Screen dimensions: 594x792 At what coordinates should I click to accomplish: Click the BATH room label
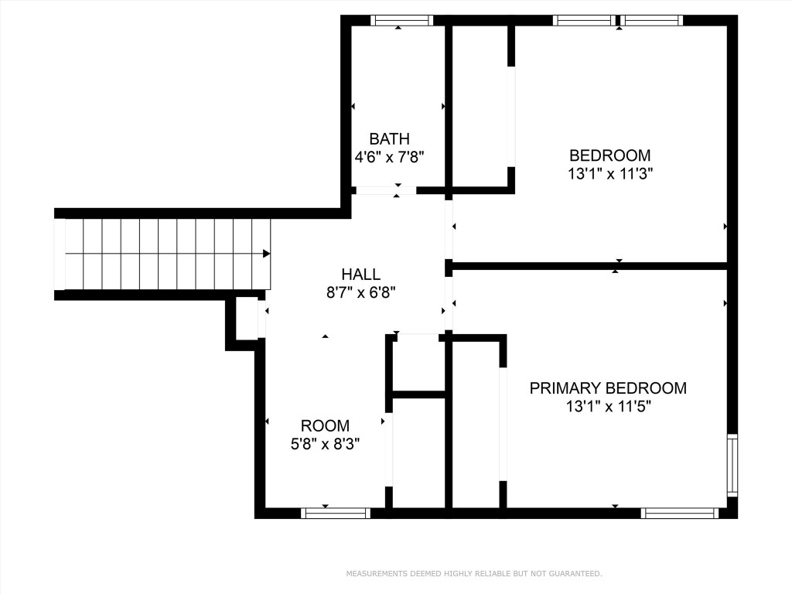[x=389, y=139]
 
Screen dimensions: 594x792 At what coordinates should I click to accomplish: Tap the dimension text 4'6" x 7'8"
[x=389, y=157]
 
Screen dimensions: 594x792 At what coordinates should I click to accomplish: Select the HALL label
[x=360, y=275]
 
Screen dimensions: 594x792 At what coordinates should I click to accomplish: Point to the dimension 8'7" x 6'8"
[x=360, y=293]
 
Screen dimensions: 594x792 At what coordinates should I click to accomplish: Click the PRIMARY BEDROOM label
[x=608, y=388]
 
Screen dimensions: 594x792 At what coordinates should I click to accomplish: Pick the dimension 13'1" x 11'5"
[x=608, y=407]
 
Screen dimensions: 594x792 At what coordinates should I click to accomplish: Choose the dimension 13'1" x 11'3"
[x=610, y=174]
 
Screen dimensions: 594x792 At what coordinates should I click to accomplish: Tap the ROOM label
[x=325, y=425]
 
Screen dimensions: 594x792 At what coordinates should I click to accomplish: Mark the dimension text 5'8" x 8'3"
[x=325, y=444]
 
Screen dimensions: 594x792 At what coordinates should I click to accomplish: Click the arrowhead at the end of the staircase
[x=267, y=253]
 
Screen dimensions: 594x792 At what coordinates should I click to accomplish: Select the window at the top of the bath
[x=401, y=20]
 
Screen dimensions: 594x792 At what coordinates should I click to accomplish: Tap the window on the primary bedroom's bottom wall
[x=680, y=513]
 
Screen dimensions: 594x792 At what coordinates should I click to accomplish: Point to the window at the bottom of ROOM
[x=335, y=513]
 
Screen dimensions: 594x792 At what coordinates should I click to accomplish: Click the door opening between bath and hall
[x=385, y=190]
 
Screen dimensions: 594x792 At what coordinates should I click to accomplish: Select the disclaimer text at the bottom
[x=473, y=574]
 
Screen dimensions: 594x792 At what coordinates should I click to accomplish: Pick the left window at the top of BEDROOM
[x=585, y=20]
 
